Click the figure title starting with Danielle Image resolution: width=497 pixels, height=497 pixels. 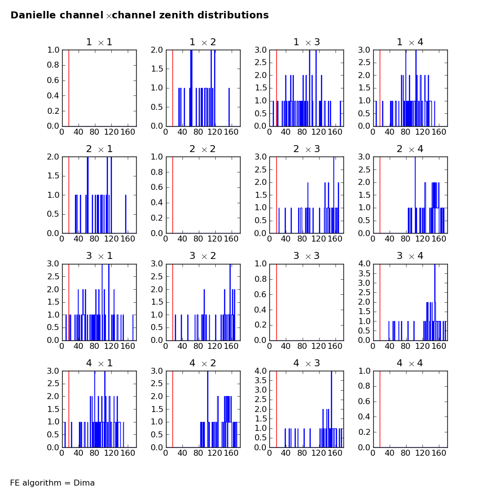(140, 15)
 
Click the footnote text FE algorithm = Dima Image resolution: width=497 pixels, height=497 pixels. (52, 483)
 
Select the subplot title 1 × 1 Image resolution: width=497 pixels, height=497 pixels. (99, 42)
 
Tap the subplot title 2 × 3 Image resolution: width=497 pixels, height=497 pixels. (306, 149)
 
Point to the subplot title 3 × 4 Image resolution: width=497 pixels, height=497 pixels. (410, 256)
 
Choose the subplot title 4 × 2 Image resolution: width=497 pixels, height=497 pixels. (202, 363)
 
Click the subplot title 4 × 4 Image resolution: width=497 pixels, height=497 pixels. (410, 363)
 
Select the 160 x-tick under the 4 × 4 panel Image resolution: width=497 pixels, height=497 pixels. (438, 453)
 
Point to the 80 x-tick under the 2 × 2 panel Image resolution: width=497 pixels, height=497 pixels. (199, 239)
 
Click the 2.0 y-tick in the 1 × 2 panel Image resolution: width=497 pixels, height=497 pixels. (158, 50)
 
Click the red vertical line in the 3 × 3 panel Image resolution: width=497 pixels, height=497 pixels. (276, 302)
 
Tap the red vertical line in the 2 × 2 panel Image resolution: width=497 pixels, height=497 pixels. (172, 195)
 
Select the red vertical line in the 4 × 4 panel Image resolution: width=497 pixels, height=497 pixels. (380, 409)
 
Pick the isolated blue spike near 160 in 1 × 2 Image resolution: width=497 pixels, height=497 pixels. (229, 107)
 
